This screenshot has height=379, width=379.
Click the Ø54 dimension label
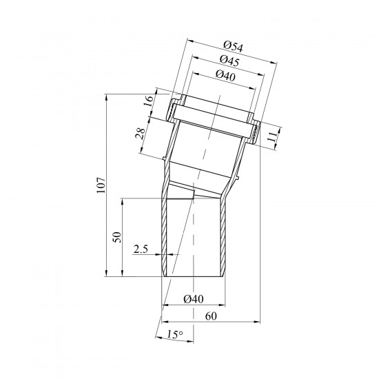233,46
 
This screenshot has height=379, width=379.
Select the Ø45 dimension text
229,61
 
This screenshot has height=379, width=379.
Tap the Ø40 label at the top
225,75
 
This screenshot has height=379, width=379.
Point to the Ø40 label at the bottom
194,299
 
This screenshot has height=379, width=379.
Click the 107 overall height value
101,185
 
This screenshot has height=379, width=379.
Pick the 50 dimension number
117,237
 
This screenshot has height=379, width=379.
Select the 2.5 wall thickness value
141,249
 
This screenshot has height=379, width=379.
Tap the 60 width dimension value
211,316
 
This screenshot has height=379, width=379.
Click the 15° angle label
175,334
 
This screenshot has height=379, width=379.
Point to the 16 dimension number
149,101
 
